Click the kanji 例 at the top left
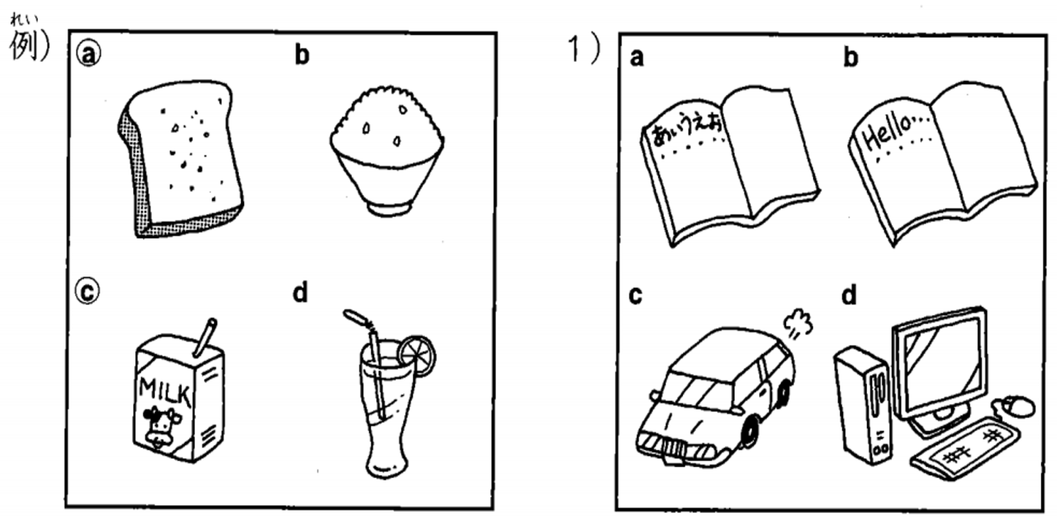coord(23,47)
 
